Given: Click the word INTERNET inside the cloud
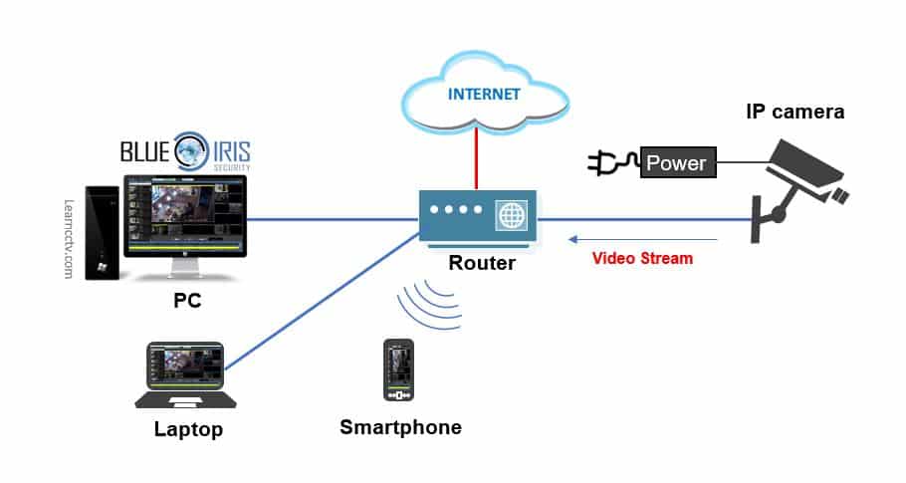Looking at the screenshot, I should pos(483,96).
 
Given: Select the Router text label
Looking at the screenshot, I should pos(482,263).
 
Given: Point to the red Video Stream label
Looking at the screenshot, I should pos(642,257).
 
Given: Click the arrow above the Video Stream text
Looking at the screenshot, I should pos(642,239).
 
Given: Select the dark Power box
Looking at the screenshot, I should pos(677,163).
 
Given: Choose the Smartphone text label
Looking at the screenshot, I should pos(400,427).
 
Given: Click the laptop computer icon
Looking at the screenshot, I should pos(187,374).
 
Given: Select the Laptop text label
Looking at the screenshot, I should pos(188,430).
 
